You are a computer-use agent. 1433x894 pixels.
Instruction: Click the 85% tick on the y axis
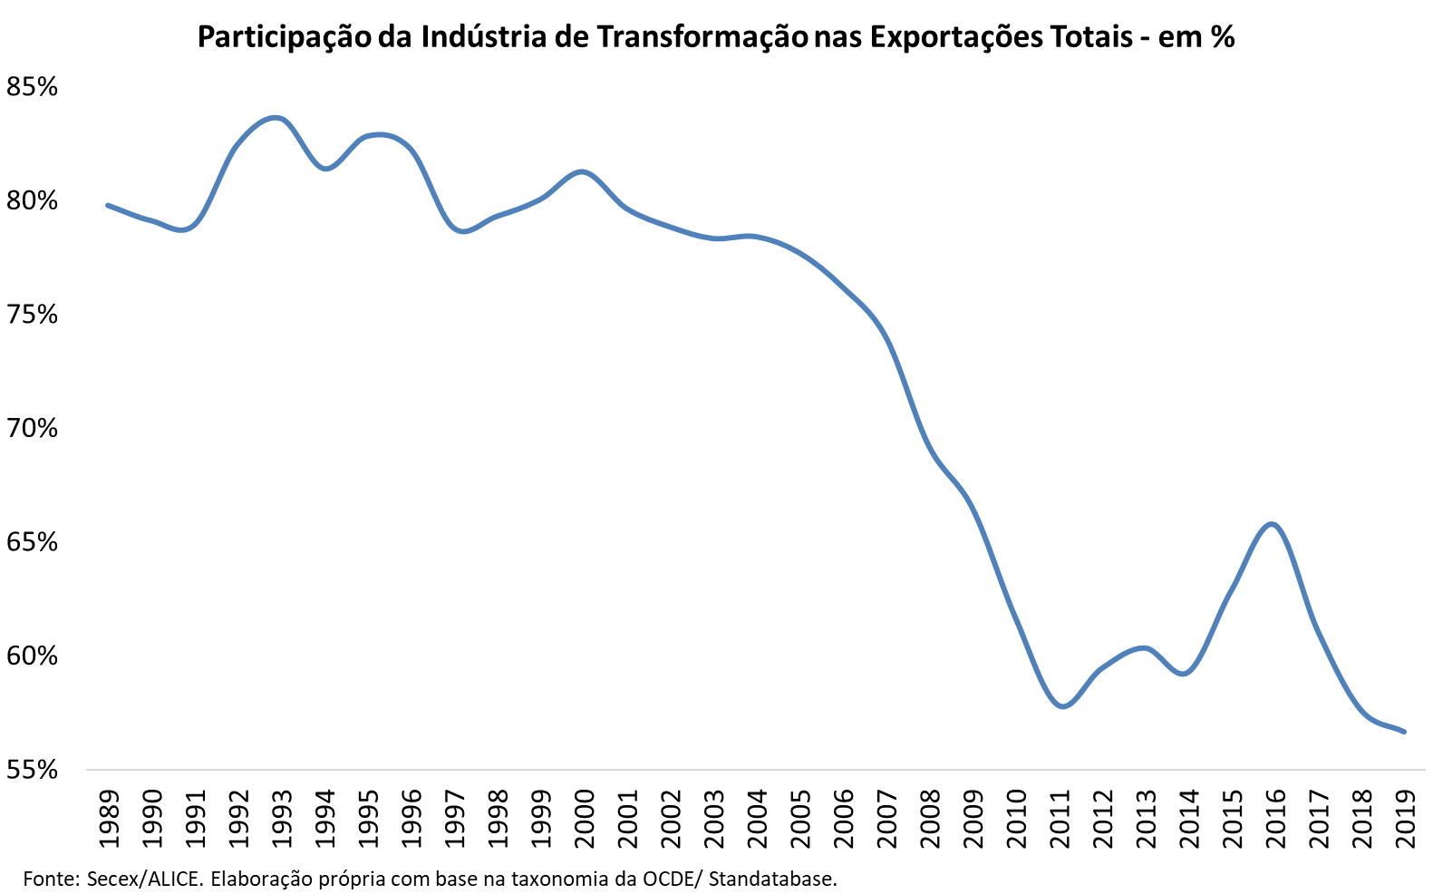coord(32,87)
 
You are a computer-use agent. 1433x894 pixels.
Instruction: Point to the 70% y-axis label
coord(32,428)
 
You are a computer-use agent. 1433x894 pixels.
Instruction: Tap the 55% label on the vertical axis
coord(32,770)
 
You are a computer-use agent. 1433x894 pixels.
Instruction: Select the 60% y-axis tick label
coord(32,656)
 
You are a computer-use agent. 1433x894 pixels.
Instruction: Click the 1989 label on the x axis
coord(109,819)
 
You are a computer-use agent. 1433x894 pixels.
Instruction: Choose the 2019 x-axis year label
coord(1405,819)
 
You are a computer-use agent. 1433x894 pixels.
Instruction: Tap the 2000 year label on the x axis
coord(585,819)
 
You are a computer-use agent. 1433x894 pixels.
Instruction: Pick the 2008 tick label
coord(930,819)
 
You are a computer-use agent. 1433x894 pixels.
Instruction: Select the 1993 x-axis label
coord(282,819)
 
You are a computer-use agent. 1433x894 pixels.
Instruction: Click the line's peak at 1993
coord(277,118)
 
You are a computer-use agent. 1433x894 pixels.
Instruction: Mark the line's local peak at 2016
coord(1273,523)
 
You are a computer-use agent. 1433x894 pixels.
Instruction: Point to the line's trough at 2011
coord(1062,706)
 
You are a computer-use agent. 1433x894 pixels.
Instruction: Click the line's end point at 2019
coord(1404,732)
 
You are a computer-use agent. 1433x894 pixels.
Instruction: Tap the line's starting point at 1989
coord(108,205)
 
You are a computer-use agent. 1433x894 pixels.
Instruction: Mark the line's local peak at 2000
coord(582,171)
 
